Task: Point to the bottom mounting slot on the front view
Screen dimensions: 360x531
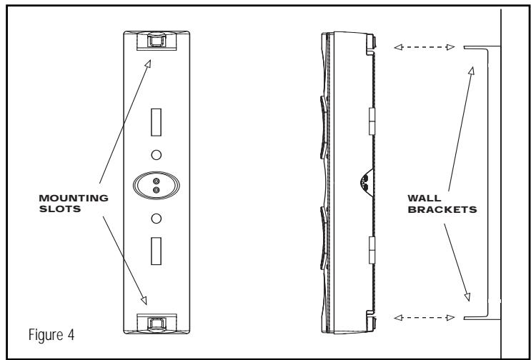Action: tap(154, 324)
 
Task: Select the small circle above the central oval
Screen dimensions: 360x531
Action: tap(155, 154)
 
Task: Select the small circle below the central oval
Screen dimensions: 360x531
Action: tap(155, 217)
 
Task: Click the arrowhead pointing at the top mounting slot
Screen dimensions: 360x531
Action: tap(147, 63)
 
